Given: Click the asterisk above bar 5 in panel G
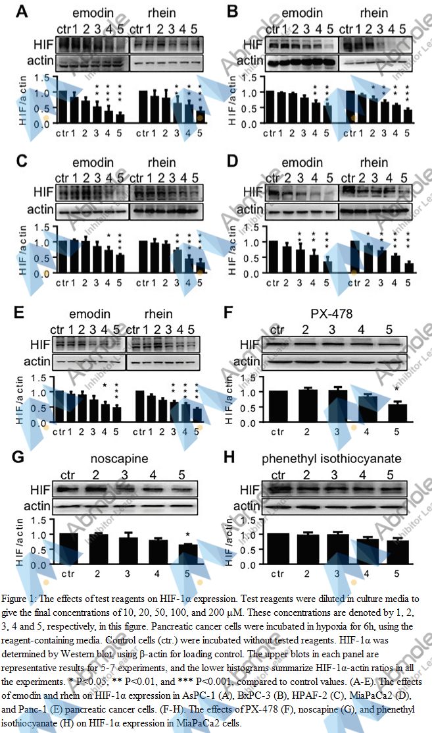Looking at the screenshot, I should [x=188, y=535].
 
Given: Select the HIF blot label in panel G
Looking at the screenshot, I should [x=39, y=490].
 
